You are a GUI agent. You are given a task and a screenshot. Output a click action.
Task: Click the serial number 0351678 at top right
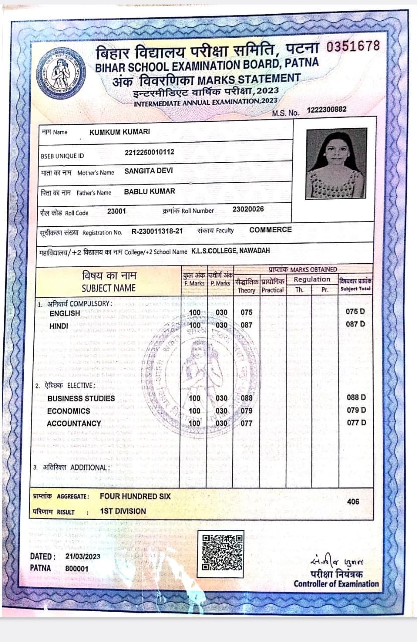pyautogui.click(x=353, y=46)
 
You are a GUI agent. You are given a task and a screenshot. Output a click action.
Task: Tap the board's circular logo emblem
pyautogui.click(x=61, y=73)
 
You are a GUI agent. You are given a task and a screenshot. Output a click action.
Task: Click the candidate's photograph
pyautogui.click(x=336, y=164)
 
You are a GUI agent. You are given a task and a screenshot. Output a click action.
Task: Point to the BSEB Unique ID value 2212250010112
pyautogui.click(x=149, y=152)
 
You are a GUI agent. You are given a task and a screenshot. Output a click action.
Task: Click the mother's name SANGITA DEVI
pyautogui.click(x=148, y=171)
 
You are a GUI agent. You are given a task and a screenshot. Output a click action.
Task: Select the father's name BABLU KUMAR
pyautogui.click(x=149, y=192)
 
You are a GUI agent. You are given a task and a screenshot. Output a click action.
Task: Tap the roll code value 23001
pyautogui.click(x=116, y=211)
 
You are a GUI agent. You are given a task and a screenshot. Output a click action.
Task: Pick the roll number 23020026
pyautogui.click(x=248, y=209)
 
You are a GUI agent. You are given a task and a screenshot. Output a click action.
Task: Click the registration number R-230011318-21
pyautogui.click(x=157, y=232)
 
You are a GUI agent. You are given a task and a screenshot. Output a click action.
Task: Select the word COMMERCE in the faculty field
pyautogui.click(x=270, y=230)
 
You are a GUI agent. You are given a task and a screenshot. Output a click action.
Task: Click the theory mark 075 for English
pyautogui.click(x=246, y=313)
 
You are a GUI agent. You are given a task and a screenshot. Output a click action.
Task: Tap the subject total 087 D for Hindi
pyautogui.click(x=355, y=324)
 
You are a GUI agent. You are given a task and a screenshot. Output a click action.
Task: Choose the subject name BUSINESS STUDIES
pyautogui.click(x=81, y=398)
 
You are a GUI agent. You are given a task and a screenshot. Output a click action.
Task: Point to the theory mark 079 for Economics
pyautogui.click(x=246, y=411)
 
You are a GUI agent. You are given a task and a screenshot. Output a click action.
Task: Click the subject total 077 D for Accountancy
pyautogui.click(x=356, y=423)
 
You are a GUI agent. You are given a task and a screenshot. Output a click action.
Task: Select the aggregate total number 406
pyautogui.click(x=353, y=501)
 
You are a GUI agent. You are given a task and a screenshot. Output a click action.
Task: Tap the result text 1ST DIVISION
pyautogui.click(x=123, y=511)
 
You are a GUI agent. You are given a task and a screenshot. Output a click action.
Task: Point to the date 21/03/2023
pyautogui.click(x=83, y=557)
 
